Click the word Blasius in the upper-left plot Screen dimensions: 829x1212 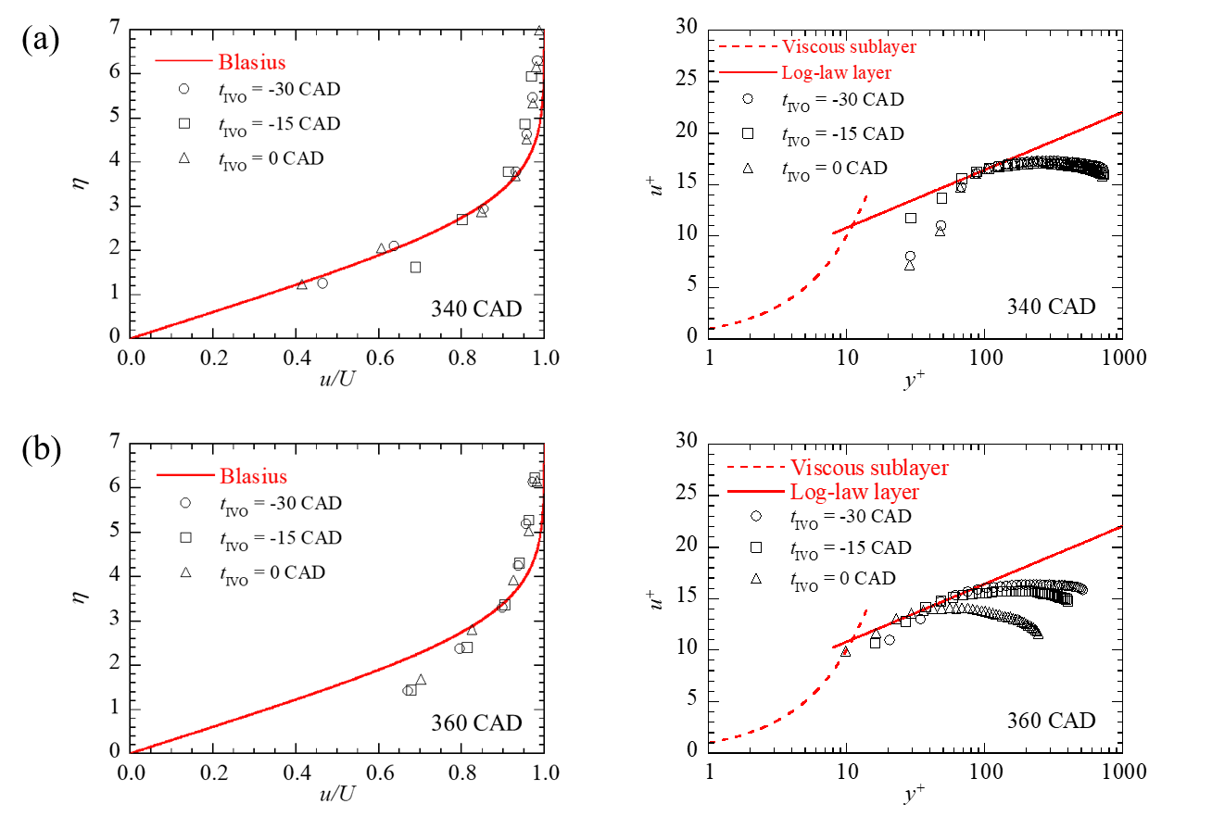pos(252,63)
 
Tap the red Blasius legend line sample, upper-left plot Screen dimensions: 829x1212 pos(183,62)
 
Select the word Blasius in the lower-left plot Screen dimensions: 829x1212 pos(253,476)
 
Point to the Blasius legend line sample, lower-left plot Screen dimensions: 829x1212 pos(185,475)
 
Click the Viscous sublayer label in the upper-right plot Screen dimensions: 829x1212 pos(850,46)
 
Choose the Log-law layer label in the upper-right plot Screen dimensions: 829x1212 pos(837,72)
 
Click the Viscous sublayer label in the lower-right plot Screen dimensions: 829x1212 pos(870,468)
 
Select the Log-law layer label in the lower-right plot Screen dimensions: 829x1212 pos(855,492)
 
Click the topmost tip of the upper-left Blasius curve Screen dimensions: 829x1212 pos(545,31)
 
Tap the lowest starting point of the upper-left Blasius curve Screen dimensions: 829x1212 pos(131,338)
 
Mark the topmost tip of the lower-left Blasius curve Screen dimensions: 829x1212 pos(545,446)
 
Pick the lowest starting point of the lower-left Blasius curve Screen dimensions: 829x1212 pos(131,753)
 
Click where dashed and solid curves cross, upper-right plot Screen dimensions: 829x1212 pos(851,225)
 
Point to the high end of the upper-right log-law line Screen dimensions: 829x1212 pos(1122,112)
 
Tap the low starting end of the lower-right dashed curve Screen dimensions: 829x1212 pos(711,741)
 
